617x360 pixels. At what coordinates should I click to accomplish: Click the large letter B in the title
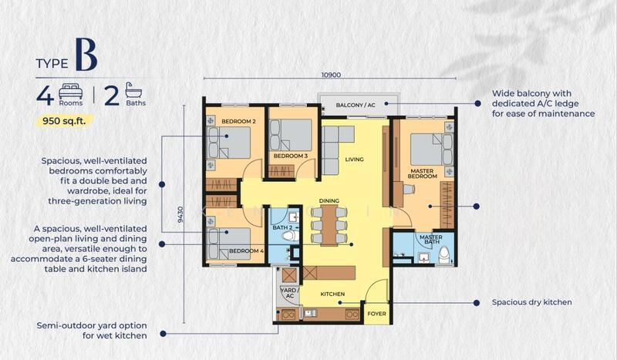coord(86,54)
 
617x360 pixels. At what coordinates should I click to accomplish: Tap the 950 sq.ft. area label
coord(64,121)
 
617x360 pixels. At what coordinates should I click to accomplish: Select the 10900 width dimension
coord(331,75)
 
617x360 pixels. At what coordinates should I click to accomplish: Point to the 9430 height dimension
coord(180,214)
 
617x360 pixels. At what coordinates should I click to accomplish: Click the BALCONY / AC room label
coord(356,105)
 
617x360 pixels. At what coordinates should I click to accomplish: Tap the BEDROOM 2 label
coord(238,121)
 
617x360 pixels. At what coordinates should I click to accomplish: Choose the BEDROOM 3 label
coord(291,156)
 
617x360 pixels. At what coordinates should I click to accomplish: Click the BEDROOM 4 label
coord(246,251)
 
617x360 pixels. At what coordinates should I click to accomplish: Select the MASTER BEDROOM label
coord(422,173)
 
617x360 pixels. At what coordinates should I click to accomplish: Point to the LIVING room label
coord(354,160)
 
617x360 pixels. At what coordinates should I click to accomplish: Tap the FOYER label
coord(376,314)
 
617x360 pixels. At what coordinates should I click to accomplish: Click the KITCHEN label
coord(332,294)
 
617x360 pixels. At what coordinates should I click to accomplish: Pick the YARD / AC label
coord(290,293)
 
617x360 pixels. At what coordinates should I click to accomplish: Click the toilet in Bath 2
coord(291,236)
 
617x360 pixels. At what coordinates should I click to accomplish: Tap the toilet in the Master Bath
coord(445,255)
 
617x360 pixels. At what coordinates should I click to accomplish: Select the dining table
coord(329,225)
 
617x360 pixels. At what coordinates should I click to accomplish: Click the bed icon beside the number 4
coord(71,91)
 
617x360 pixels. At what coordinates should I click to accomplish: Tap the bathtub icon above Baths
coord(133,90)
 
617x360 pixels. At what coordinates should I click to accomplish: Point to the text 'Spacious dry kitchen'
coord(531,302)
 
